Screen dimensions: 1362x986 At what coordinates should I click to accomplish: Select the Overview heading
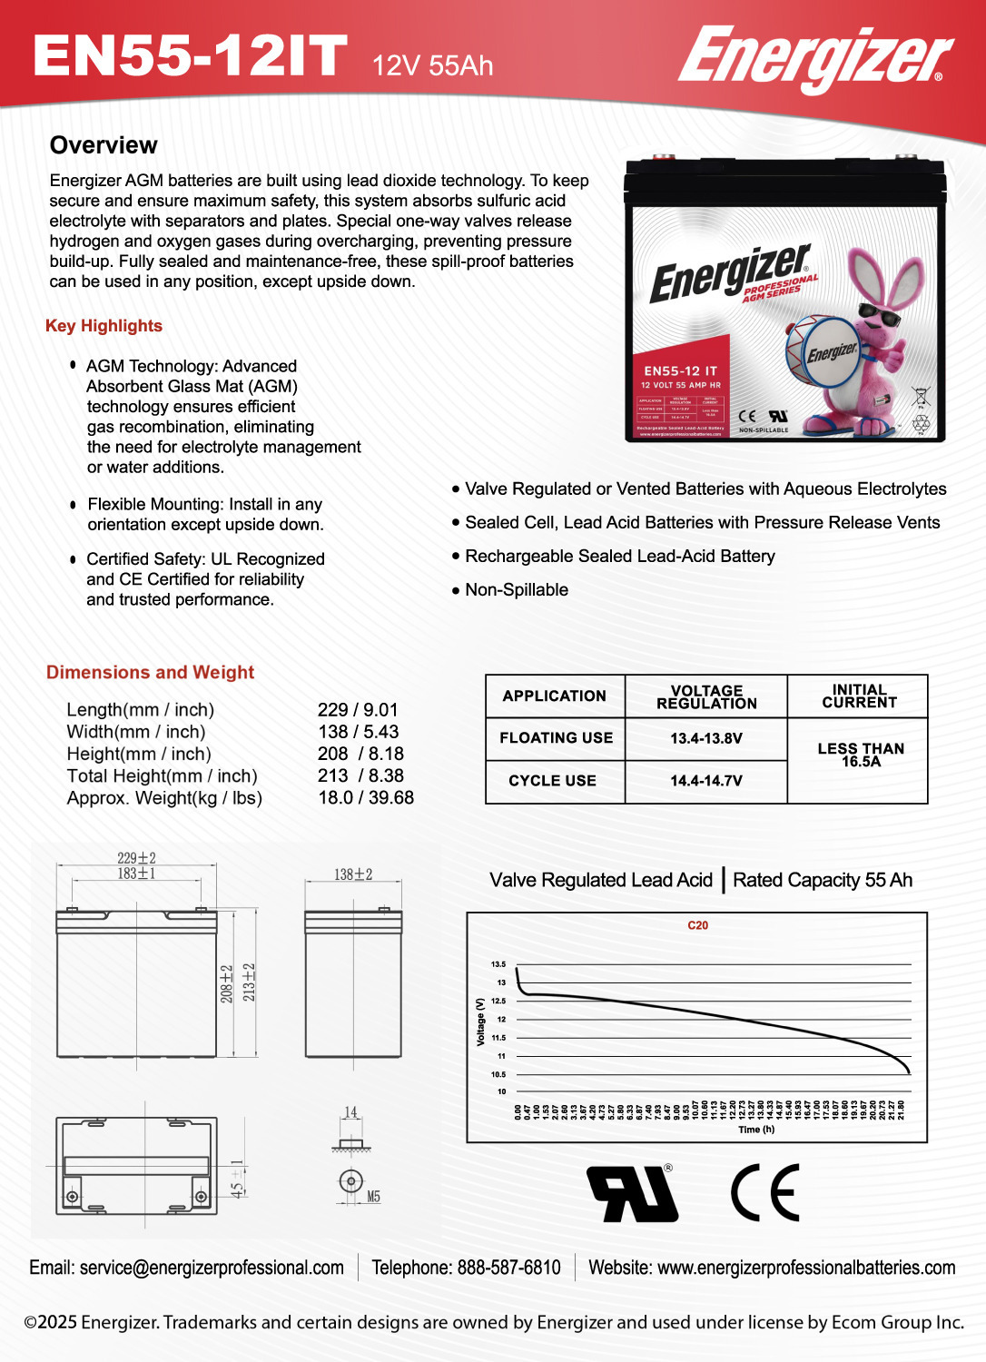(104, 145)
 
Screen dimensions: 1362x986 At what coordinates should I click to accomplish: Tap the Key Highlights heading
(104, 326)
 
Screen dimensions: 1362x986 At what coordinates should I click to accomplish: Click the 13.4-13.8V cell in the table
(705, 738)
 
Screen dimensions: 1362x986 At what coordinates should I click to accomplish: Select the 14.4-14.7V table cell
(705, 781)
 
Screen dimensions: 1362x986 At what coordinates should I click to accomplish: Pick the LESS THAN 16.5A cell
(860, 755)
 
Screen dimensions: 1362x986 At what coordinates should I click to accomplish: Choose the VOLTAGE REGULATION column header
(705, 696)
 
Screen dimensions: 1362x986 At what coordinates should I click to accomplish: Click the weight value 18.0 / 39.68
(366, 797)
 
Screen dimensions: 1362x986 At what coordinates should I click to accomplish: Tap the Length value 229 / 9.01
(358, 710)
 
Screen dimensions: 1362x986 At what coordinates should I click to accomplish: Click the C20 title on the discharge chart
(697, 925)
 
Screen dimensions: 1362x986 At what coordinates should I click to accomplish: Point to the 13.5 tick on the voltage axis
(498, 964)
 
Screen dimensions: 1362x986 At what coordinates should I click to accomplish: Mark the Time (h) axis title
(756, 1130)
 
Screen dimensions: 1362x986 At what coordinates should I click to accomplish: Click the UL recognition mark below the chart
(633, 1193)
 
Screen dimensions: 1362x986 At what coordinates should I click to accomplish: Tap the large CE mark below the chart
(765, 1193)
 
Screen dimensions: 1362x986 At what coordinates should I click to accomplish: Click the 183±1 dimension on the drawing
(136, 873)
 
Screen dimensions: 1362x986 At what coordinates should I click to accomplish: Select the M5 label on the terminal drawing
(373, 1197)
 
